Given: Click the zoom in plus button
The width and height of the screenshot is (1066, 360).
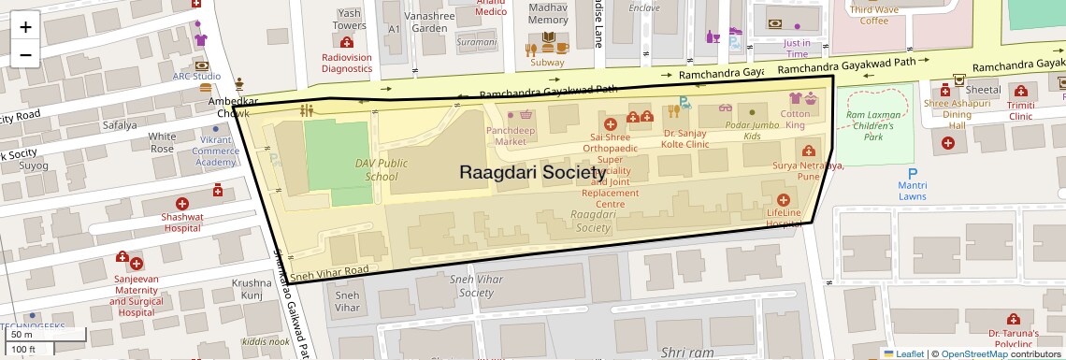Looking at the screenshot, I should (x=25, y=26).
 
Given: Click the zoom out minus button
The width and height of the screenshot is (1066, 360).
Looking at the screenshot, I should (x=25, y=54).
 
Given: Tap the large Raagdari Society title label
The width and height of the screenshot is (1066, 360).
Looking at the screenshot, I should (x=533, y=173).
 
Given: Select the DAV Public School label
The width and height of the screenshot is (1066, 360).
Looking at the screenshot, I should (x=381, y=169).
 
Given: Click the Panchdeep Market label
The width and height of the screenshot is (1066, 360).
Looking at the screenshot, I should (x=516, y=136).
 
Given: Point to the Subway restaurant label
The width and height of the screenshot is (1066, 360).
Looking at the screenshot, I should (x=547, y=63).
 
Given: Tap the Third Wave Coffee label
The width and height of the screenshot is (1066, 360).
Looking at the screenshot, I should (x=874, y=15).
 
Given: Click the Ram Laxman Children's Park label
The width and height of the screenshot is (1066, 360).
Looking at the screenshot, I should (x=873, y=125).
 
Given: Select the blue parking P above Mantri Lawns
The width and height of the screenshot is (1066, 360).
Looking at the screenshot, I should (x=913, y=173).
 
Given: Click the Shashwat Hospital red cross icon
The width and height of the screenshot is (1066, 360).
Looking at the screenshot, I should (x=182, y=203).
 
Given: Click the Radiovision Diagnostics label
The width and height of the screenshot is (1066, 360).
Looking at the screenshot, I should (x=347, y=63).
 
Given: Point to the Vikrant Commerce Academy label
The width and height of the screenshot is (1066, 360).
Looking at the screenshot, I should (x=216, y=151).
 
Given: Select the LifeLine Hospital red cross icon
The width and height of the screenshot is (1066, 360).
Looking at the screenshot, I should (x=784, y=199).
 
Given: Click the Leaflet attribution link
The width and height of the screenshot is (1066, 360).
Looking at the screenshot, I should (x=903, y=353).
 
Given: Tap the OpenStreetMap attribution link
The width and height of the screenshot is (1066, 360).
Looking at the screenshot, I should (x=973, y=353).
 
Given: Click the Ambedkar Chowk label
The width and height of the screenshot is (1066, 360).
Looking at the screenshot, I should (x=226, y=107).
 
